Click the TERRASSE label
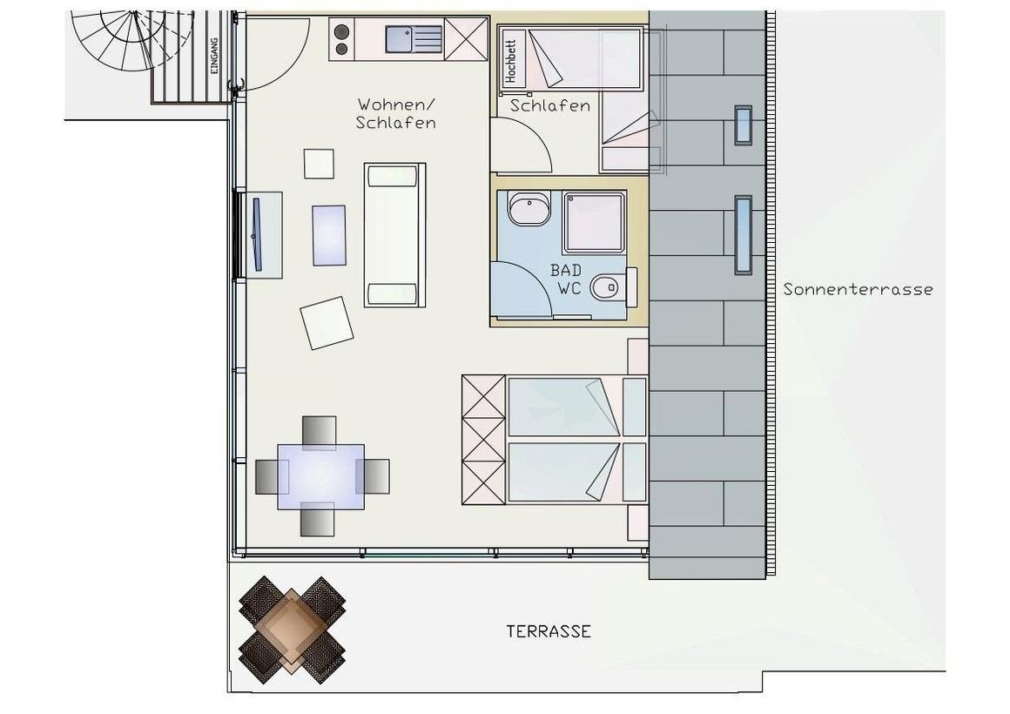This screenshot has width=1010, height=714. pyautogui.click(x=549, y=631)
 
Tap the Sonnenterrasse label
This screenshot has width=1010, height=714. pyautogui.click(x=858, y=289)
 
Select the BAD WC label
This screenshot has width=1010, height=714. pyautogui.click(x=566, y=279)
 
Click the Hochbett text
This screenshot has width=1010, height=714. pyautogui.click(x=511, y=61)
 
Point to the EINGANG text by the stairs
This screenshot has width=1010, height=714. pyautogui.click(x=214, y=56)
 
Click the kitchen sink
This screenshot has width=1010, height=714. pyautogui.click(x=414, y=38)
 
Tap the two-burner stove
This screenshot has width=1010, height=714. pyautogui.click(x=342, y=39)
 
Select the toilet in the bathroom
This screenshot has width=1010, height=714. pyautogui.click(x=613, y=286)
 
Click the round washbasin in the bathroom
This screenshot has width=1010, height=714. pyautogui.click(x=529, y=207)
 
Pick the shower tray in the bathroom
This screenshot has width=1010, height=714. pyautogui.click(x=595, y=222)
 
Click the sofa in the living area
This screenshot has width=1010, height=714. pyautogui.click(x=394, y=235)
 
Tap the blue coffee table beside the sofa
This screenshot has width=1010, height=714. pyautogui.click(x=329, y=235)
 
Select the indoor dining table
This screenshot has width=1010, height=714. pyautogui.click(x=320, y=477)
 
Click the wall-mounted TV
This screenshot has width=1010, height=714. pyautogui.click(x=257, y=234)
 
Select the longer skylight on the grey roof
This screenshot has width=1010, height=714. pyautogui.click(x=744, y=235)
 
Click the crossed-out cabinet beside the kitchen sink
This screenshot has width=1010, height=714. pyautogui.click(x=467, y=39)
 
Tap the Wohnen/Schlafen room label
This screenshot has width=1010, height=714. pyautogui.click(x=396, y=113)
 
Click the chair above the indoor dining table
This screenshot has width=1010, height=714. pyautogui.click(x=320, y=432)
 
